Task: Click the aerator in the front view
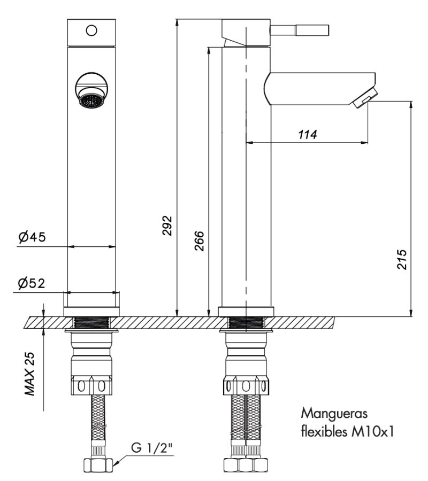(91, 99)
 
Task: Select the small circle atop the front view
(91, 30)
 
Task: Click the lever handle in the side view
(300, 30)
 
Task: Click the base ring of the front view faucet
(91, 311)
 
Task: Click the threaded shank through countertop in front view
(91, 322)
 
